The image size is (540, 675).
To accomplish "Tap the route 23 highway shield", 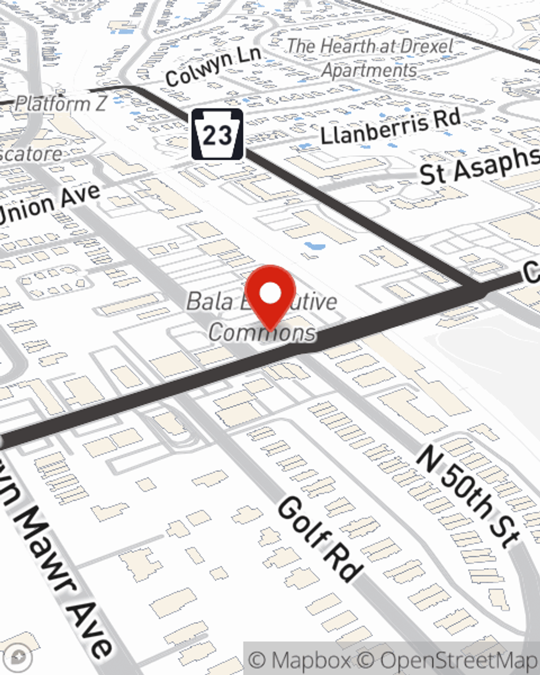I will click(217, 134).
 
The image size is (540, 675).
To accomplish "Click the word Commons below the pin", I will click(262, 332).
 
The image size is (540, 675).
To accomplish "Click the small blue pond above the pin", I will click(315, 247).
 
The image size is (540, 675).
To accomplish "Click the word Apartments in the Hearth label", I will click(369, 70).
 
